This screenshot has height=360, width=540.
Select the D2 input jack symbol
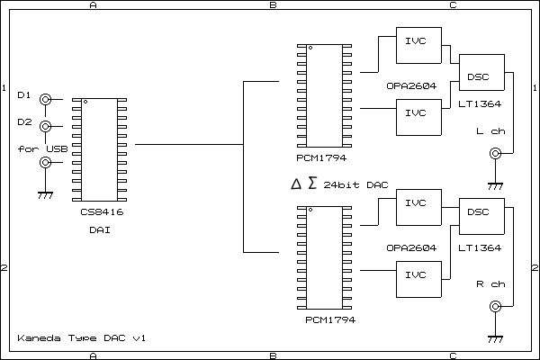[44, 127]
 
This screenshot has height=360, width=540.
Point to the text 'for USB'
[42, 148]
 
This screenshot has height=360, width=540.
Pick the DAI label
[100, 231]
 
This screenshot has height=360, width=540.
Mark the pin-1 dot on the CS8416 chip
[85, 102]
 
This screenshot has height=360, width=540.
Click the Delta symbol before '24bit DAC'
[296, 184]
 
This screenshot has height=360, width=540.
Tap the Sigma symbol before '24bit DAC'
[312, 184]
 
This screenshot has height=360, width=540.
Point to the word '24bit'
[339, 184]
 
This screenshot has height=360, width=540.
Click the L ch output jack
[494, 154]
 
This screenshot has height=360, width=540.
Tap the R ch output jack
[494, 307]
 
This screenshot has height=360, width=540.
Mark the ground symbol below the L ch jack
[494, 187]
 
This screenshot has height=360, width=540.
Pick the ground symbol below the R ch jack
[494, 340]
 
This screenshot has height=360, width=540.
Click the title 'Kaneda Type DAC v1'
[81, 337]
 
